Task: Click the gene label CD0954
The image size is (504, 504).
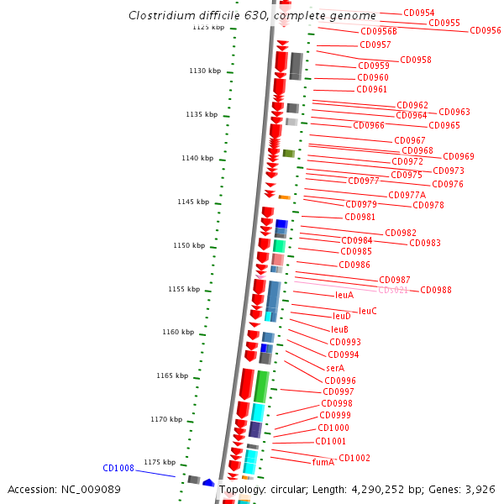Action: pyautogui.click(x=418, y=13)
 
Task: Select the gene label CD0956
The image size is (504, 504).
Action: pyautogui.click(x=485, y=30)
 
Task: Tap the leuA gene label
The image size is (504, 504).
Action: pyautogui.click(x=344, y=296)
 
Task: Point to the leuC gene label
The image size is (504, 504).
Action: pyautogui.click(x=367, y=311)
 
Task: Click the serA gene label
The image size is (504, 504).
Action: pyautogui.click(x=334, y=368)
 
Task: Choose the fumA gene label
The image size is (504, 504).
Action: pyautogui.click(x=323, y=462)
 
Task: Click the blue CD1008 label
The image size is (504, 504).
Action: pyautogui.click(x=118, y=468)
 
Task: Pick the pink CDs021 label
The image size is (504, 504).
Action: pyautogui.click(x=393, y=290)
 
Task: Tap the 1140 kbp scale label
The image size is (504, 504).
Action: pyautogui.click(x=198, y=158)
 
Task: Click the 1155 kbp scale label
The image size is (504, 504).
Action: pyautogui.click(x=184, y=289)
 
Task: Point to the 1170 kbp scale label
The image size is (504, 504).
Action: pyautogui.click(x=166, y=419)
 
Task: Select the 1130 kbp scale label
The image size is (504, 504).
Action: pyautogui.click(x=204, y=71)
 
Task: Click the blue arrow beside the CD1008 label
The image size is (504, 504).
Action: pyautogui.click(x=207, y=482)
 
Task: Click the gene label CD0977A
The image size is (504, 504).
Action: pyautogui.click(x=407, y=195)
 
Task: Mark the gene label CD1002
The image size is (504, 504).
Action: pyautogui.click(x=354, y=458)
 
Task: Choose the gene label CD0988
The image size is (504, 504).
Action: pyautogui.click(x=436, y=290)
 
